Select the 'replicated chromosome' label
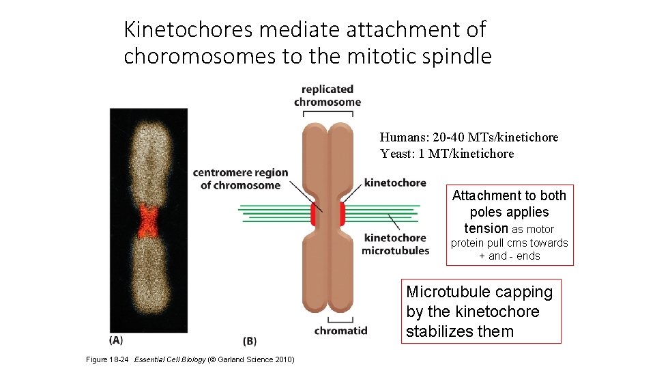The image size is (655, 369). pyautogui.click(x=327, y=96)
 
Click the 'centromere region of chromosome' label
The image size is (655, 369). pyautogui.click(x=240, y=179)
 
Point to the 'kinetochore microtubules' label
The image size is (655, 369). pyautogui.click(x=395, y=244)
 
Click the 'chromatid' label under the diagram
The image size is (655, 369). pyautogui.click(x=340, y=331)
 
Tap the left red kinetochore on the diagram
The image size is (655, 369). pyautogui.click(x=314, y=214)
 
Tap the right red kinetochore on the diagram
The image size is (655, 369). pyautogui.click(x=343, y=214)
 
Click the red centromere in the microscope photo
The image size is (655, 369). pyautogui.click(x=148, y=221)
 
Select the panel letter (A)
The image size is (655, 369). pyautogui.click(x=117, y=340)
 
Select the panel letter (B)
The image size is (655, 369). pyautogui.click(x=250, y=340)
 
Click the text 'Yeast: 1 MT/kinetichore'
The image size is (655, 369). pyautogui.click(x=447, y=154)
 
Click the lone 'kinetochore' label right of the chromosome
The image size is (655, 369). pyautogui.click(x=395, y=182)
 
